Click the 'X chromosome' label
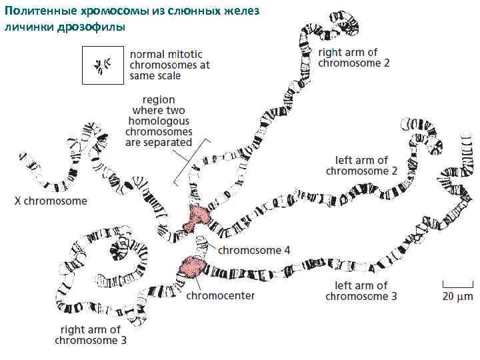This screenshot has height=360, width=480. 51,201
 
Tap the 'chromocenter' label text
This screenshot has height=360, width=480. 220,295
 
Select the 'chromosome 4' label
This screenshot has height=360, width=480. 255,251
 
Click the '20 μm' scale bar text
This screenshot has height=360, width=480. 458,295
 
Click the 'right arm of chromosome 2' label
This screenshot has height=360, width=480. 353,57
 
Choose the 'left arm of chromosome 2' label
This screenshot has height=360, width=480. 361,165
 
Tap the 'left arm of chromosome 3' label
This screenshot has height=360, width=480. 361,291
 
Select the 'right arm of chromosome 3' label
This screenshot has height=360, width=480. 91,335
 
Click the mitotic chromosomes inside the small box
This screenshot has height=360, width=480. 102,65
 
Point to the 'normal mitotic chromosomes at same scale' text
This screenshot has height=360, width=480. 169,65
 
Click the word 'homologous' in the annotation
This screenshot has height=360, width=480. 158,121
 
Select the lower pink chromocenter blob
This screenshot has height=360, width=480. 193,266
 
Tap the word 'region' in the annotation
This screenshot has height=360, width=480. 159,100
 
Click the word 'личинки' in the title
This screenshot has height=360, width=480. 28,27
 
